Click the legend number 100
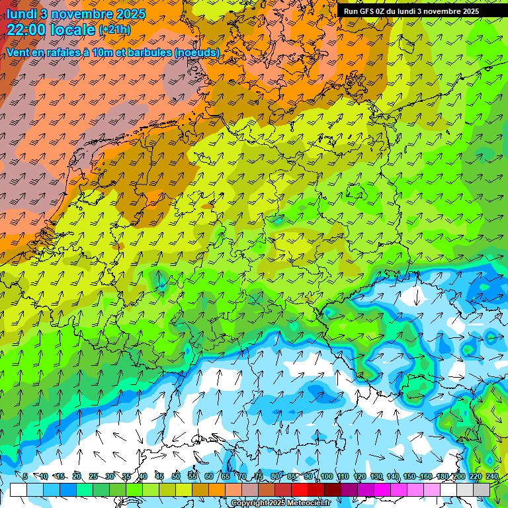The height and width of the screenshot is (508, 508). tap(326, 476)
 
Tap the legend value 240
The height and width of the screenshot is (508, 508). tap(492, 476)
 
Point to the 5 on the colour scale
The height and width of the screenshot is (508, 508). tap(25, 476)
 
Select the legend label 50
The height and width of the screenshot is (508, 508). tap(176, 476)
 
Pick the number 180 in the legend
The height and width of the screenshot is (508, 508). tap(441, 476)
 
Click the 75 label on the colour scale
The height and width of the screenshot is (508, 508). tap(259, 476)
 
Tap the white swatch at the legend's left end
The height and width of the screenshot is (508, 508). tap(19, 489)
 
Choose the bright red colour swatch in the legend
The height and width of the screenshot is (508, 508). tap(300, 489)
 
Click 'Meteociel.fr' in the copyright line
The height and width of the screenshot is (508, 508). tap(308, 503)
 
